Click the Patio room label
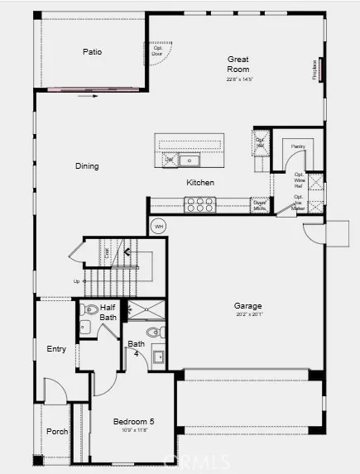pos(92,52)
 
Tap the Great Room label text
pos(238,64)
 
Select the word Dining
pos(87,166)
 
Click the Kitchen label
pos(200,183)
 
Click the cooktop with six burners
pos(200,203)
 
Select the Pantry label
pos(299,146)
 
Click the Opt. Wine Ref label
pos(299,179)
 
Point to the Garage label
pos(247,307)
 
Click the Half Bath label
pos(108,312)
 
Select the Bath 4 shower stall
pos(144,310)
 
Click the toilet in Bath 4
pos(157,333)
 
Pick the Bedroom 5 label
pos(133,422)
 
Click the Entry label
pos(56,349)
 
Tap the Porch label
pos(56,431)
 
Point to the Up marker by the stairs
pos(77,281)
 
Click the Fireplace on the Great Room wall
pos(318,69)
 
